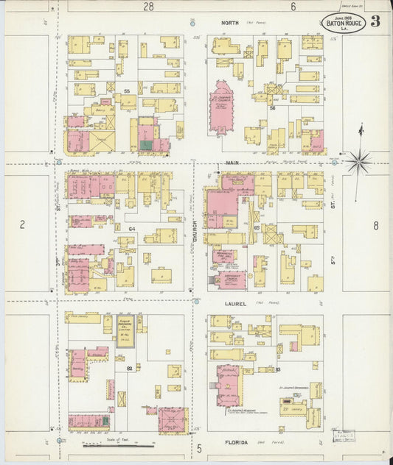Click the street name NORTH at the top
point(230,23)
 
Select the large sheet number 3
point(376,21)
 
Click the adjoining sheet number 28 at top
point(149,7)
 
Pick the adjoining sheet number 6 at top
point(293,7)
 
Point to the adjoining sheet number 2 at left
point(23,225)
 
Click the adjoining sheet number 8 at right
point(375,226)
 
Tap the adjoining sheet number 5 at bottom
point(199,447)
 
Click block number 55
point(127,91)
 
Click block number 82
point(129,367)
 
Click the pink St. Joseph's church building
point(220,109)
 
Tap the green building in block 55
point(146,146)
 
